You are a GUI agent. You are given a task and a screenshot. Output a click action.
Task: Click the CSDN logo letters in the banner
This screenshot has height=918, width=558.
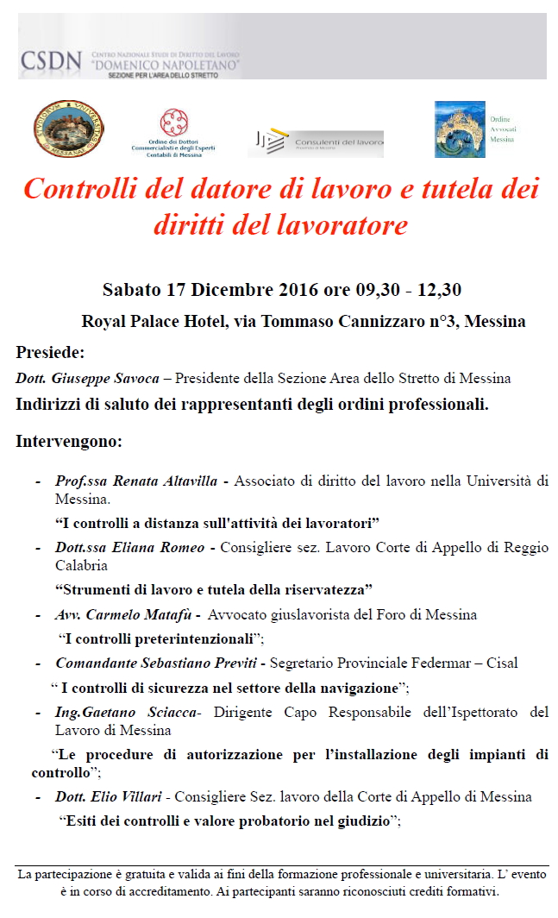51,61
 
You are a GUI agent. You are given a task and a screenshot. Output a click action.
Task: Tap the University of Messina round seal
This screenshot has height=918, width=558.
69,129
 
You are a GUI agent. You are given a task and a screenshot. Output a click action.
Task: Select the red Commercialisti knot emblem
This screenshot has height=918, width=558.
174,122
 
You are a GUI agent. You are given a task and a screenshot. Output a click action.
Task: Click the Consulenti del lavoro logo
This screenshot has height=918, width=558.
316,143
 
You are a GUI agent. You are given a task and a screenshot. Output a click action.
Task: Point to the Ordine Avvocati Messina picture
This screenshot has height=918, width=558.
460,129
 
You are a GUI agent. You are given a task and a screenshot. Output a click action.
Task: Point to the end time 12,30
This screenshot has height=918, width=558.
435,289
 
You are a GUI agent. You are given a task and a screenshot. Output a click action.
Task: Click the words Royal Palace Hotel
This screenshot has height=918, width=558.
154,322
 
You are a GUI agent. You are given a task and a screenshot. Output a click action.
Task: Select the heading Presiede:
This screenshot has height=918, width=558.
50,352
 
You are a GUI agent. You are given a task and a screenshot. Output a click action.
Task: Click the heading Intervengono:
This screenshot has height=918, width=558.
69,442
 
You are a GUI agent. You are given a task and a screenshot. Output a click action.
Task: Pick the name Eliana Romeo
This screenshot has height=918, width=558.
161,548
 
